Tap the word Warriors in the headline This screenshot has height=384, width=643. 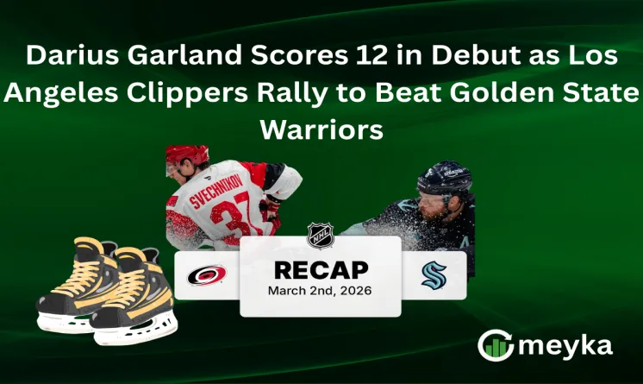pyautogui.click(x=321, y=129)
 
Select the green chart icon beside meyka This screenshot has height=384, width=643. pyautogui.click(x=495, y=345)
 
